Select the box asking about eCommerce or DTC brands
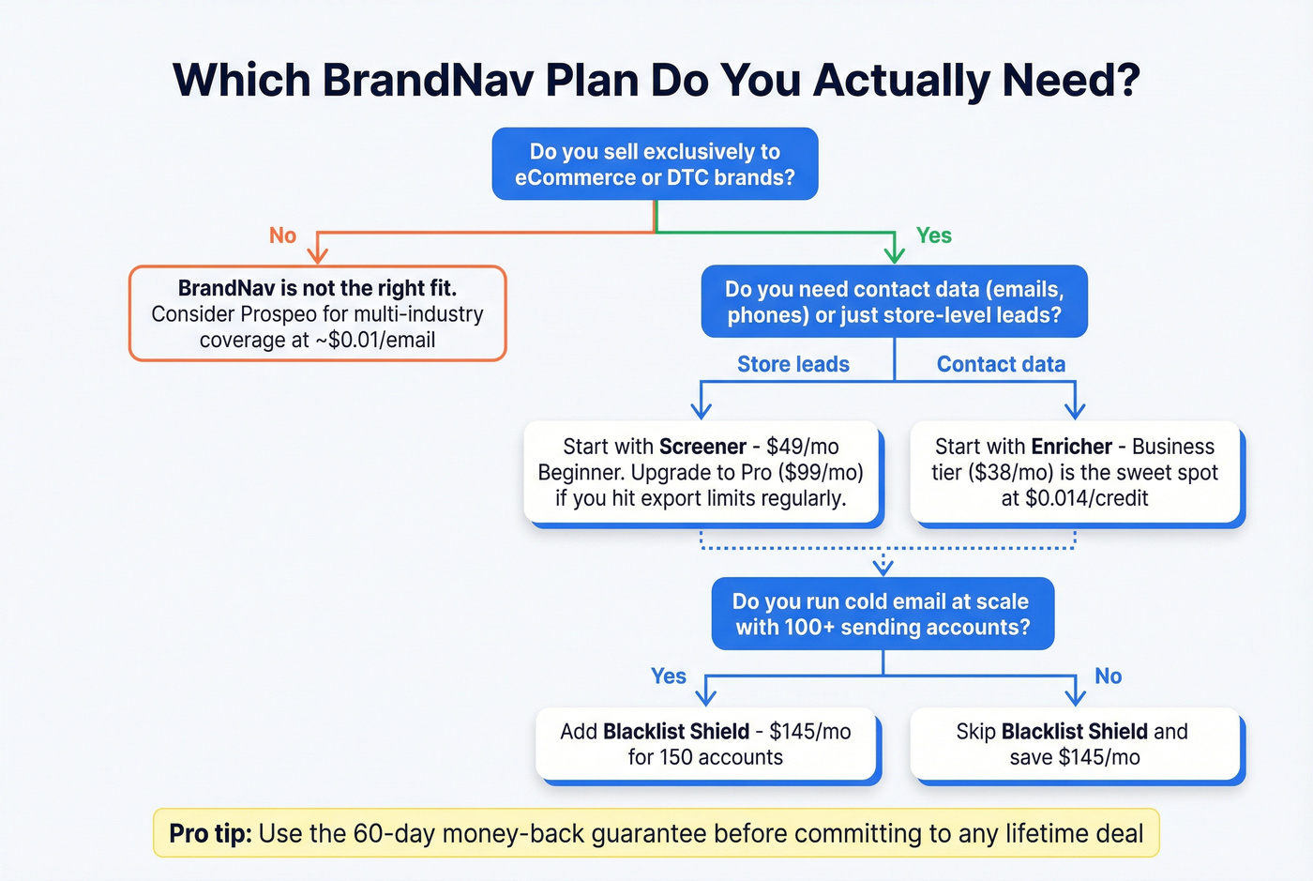[x=655, y=164]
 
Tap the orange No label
[x=282, y=235]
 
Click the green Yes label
[x=933, y=235]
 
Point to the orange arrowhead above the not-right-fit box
[x=318, y=253]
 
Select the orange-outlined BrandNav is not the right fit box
[x=317, y=313]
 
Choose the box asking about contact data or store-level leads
[x=894, y=302]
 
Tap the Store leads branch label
[x=792, y=364]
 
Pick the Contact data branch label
[x=1001, y=364]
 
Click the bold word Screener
[x=702, y=447]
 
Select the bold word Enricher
[x=1071, y=447]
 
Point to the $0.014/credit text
[x=1086, y=498]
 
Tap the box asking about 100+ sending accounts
[x=883, y=615]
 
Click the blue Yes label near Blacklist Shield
[x=668, y=676]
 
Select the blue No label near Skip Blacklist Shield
[x=1108, y=676]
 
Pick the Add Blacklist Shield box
[x=706, y=745]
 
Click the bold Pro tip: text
[x=210, y=834]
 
